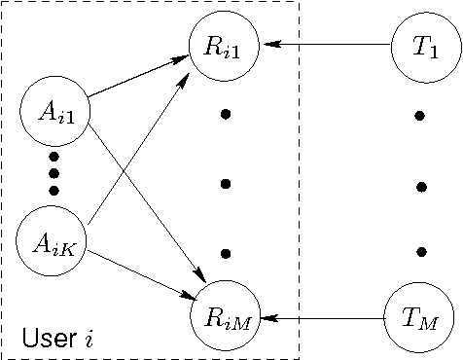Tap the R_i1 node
226,44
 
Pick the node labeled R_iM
226,317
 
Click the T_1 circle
419,44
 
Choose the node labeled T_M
419,317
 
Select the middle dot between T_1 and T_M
420,185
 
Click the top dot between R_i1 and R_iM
226,115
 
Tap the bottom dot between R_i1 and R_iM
226,253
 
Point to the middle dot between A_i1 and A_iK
53,173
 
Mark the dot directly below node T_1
420,116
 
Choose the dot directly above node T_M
420,253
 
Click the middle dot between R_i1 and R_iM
226,184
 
